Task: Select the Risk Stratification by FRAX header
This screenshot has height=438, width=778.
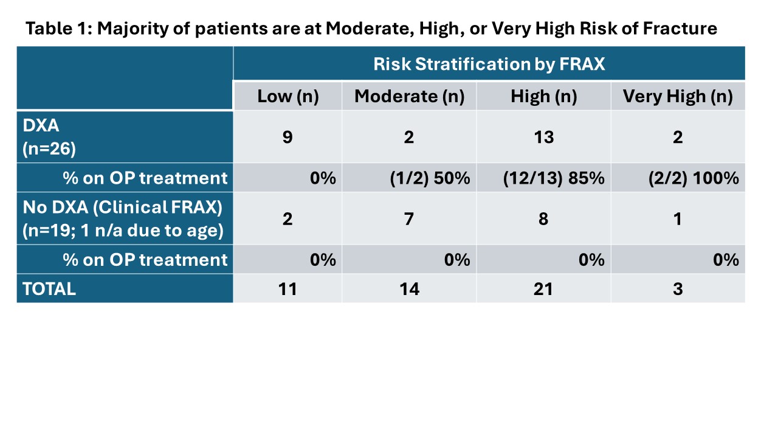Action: coord(489,64)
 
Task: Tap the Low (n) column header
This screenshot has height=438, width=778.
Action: coord(288,96)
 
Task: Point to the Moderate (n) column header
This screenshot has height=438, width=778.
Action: coord(409,96)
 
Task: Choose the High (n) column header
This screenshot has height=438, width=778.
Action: coord(544,96)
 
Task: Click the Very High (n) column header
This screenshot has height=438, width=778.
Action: coord(678,96)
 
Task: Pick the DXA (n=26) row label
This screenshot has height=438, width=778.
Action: coord(49,137)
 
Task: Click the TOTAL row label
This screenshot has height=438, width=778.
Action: coord(49,289)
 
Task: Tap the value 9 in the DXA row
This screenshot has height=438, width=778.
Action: coord(287,137)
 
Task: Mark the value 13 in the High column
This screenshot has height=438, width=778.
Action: coord(544,137)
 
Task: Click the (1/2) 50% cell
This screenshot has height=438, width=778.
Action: coord(430,178)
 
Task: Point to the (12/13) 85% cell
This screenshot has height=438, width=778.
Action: coord(554,178)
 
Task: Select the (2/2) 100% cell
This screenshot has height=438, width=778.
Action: coord(694,178)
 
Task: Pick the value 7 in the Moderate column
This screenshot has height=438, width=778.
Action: coord(409,219)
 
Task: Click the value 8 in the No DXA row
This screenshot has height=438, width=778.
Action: coord(543,219)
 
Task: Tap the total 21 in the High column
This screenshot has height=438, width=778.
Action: coord(543,289)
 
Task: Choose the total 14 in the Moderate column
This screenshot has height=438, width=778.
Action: coord(409,289)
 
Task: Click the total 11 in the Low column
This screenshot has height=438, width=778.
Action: coord(287,289)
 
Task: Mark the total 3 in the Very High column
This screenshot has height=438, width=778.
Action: coord(678,289)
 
